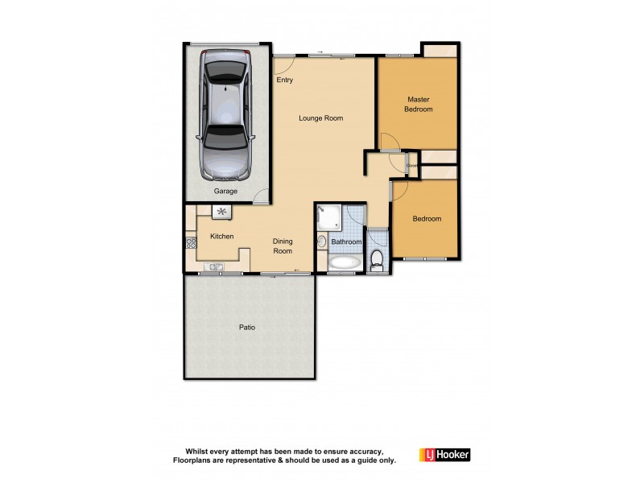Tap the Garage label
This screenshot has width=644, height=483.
pos(225,192)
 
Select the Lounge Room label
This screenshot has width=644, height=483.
pos(320,118)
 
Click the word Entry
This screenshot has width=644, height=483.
pos(285,80)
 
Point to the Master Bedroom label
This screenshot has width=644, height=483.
pos(418,104)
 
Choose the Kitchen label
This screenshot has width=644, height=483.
pos(221,236)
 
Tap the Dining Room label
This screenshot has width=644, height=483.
pos(282,246)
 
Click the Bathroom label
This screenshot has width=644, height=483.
pos(346,242)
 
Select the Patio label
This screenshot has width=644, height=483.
pos(247,328)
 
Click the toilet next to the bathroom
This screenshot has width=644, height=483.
pos(377,260)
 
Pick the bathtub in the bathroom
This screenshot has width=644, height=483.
pos(345,263)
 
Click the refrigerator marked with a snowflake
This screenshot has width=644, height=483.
pos(221,212)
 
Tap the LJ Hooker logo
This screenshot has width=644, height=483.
pos(444,455)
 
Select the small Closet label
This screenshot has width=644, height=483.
pos(411,166)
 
